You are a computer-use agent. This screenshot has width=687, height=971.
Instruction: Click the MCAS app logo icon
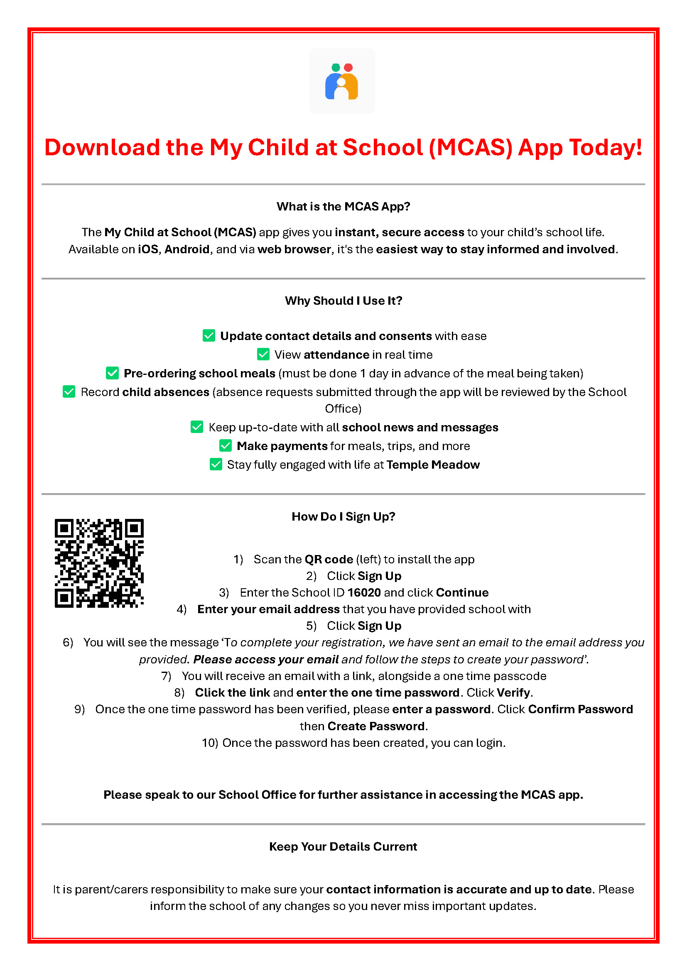[342, 81]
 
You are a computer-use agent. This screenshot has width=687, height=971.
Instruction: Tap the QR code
[99, 563]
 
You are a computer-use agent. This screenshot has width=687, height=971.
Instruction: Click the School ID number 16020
[364, 592]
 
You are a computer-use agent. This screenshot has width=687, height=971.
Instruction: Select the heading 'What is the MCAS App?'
[343, 206]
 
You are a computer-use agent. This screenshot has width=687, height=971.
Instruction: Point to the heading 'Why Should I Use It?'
[343, 301]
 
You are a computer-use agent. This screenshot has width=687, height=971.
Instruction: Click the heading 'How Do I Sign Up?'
[343, 516]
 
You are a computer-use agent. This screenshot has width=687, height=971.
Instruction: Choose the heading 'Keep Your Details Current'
[343, 846]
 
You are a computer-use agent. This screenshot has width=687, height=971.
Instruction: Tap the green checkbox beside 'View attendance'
[263, 355]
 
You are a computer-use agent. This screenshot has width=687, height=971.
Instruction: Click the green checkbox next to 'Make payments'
[226, 446]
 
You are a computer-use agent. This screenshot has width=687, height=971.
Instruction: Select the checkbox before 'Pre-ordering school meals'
[113, 373]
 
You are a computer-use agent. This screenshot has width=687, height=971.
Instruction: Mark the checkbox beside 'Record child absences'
[69, 391]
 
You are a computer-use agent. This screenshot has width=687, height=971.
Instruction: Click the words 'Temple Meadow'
[433, 465]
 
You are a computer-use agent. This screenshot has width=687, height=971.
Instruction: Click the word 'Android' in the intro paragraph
[187, 249]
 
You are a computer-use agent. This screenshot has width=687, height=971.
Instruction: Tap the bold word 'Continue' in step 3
[462, 592]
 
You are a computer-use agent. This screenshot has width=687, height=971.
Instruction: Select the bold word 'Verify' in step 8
[513, 692]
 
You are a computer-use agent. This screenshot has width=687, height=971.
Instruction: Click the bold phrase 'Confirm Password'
[580, 709]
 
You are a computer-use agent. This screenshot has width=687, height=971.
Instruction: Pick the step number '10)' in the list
[210, 743]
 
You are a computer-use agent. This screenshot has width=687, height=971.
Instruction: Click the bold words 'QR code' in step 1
[329, 560]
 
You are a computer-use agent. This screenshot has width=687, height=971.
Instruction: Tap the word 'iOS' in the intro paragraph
[148, 249]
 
